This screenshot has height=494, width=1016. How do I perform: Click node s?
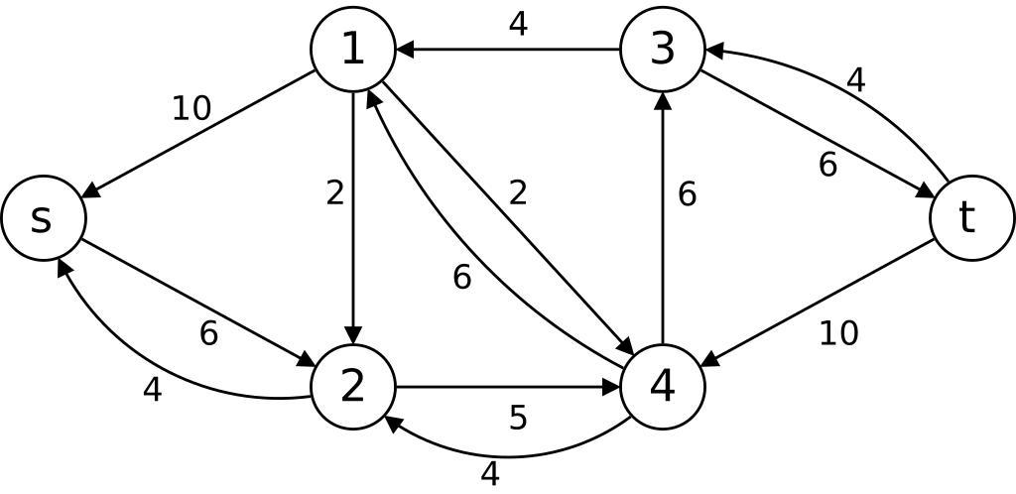(x=43, y=218)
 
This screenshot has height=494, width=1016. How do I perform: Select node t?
(x=971, y=218)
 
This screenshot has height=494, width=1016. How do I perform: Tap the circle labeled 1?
(x=353, y=49)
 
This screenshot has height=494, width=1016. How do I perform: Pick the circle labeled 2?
(x=353, y=387)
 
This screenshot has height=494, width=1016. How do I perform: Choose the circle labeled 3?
(x=663, y=49)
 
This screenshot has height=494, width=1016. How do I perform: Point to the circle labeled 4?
(x=663, y=387)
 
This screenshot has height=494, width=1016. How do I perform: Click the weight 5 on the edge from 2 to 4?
(x=518, y=418)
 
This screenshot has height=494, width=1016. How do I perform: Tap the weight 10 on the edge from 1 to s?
(x=191, y=108)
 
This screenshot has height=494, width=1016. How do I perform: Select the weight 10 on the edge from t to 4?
(x=838, y=333)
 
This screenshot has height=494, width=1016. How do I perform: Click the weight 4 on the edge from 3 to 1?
(x=518, y=24)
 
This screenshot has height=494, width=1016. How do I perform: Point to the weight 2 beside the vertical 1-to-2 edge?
(x=335, y=193)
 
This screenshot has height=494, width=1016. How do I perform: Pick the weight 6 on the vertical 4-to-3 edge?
(x=687, y=194)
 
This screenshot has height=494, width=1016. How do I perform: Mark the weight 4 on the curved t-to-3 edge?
(x=856, y=79)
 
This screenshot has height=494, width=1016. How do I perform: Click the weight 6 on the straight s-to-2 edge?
(x=208, y=334)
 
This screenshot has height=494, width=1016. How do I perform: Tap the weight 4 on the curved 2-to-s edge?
(x=152, y=390)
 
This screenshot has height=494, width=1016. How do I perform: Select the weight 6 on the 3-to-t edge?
(x=828, y=165)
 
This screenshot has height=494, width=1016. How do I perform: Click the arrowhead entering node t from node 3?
(x=924, y=193)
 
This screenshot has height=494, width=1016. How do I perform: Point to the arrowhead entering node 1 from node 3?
(x=405, y=49)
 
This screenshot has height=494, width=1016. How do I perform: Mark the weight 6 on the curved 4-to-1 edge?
(x=461, y=278)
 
